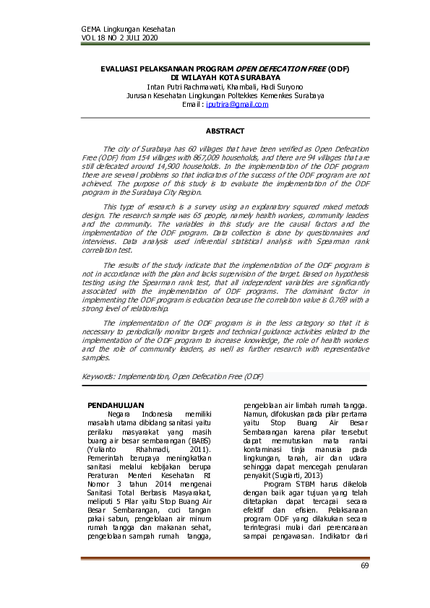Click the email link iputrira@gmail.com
click(236, 104)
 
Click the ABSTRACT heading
click(225, 131)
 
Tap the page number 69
click(364, 565)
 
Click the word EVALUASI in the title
click(122, 67)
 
